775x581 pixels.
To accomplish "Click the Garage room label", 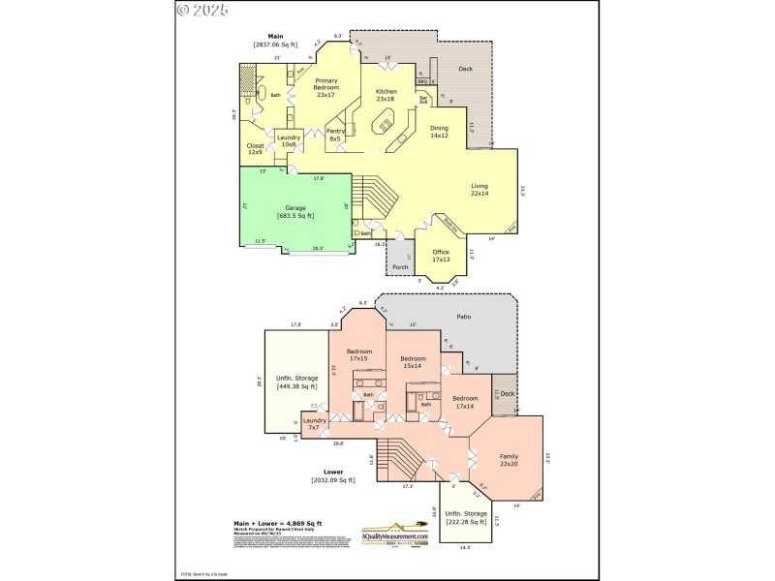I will tap(295, 212).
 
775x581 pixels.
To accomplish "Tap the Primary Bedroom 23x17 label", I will tap(325, 90).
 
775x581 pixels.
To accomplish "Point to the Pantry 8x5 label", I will tap(335, 135).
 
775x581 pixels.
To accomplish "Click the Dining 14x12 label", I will tap(439, 132).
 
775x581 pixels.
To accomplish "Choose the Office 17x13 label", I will tap(441, 257).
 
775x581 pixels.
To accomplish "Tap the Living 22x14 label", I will tap(480, 190).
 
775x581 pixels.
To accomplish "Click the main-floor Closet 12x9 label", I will tap(255, 148).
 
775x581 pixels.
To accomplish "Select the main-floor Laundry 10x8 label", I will tap(289, 140).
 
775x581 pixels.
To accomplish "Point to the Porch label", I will tap(399, 265).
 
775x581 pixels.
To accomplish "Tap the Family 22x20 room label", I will tap(509, 460).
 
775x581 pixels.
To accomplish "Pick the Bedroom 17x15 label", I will tap(359, 354).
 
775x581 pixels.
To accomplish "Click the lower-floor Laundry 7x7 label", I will tap(315, 423).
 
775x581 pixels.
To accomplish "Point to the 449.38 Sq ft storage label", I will tap(296, 382).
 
